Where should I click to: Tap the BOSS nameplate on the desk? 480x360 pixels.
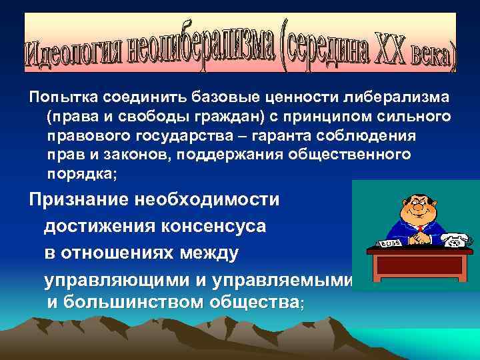(x=390, y=244)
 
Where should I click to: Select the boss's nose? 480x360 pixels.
(x=418, y=208)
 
